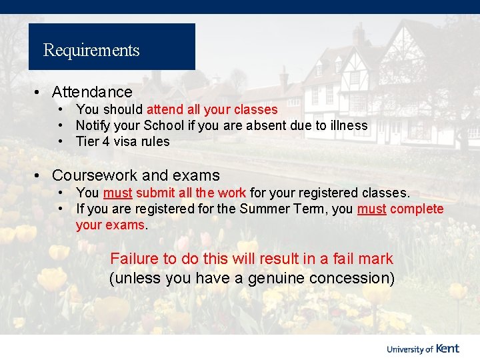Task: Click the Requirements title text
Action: [91, 50]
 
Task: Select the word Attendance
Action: [92, 92]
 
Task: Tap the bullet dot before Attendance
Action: [40, 92]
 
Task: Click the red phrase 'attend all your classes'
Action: [212, 109]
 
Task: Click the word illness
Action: [349, 125]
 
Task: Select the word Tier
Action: [87, 141]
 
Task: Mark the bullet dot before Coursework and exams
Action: [40, 175]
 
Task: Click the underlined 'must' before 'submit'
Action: [118, 193]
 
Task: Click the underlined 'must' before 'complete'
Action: [371, 209]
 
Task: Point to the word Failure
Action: [134, 259]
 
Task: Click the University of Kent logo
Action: [423, 348]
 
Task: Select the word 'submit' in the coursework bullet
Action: [155, 193]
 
